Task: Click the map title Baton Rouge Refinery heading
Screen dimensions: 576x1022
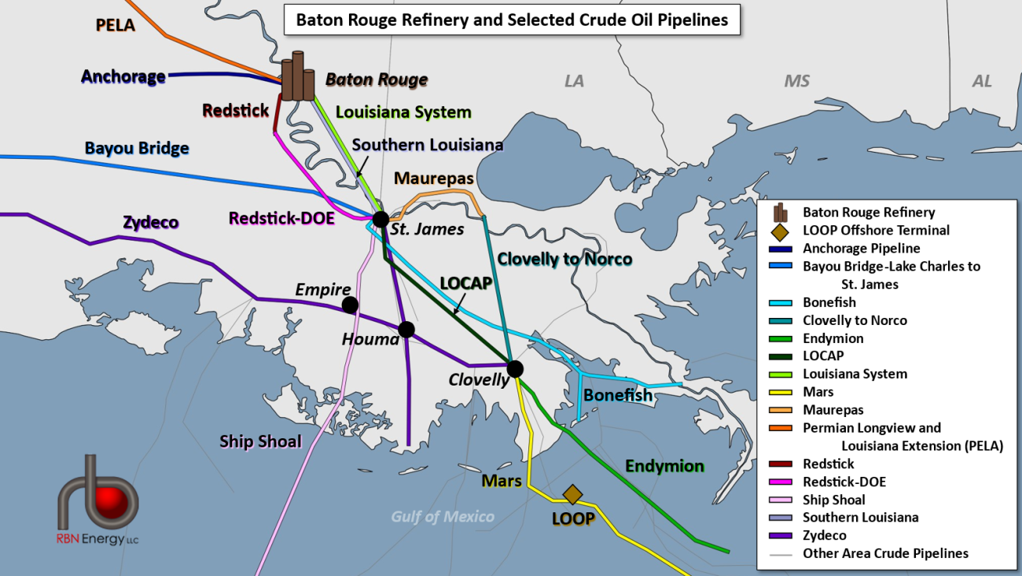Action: (x=511, y=20)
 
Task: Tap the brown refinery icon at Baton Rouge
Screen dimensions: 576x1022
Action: (x=297, y=77)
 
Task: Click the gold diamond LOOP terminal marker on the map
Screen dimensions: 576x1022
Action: (x=572, y=494)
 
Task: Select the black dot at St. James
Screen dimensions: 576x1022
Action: (x=380, y=220)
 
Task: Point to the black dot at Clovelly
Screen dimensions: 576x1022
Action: (x=515, y=368)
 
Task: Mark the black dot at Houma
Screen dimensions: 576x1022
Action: (x=406, y=330)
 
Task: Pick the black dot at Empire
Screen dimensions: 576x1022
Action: (x=350, y=305)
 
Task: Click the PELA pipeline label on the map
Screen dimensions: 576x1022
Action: (x=116, y=25)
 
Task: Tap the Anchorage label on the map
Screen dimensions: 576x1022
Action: (x=123, y=76)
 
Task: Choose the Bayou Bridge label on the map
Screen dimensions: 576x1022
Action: (x=137, y=148)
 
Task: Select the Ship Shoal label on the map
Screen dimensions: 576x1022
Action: (x=260, y=441)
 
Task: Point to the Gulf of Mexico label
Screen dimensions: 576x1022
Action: (x=443, y=516)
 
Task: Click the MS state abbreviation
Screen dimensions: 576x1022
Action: (x=796, y=81)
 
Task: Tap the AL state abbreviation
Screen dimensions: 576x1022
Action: (x=982, y=81)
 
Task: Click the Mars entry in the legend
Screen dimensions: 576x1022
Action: (x=818, y=392)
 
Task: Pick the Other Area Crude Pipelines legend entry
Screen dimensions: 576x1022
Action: (x=885, y=553)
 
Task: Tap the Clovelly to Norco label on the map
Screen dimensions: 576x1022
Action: (x=564, y=259)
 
